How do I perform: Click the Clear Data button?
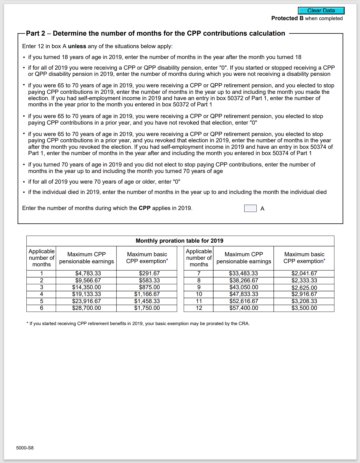coord(321,11)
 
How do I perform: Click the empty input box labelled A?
coord(250,208)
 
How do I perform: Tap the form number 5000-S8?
coord(25,448)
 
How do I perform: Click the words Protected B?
coord(287,18)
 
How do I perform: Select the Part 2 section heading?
coord(155,33)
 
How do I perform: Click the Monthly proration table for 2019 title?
coord(179,241)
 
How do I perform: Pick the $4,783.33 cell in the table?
coord(88,273)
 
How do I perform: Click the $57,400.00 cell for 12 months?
coord(244,308)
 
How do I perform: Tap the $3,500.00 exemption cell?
coord(304,308)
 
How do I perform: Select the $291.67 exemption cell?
coord(149,273)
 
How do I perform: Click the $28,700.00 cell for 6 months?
coord(86,308)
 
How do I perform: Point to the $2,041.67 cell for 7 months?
coord(304,273)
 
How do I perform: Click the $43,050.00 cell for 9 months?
coord(244,287)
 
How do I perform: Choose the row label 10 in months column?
coord(199,294)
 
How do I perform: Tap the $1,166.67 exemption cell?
coord(147,294)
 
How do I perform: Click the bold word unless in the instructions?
coord(77,46)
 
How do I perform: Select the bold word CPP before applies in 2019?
coord(145,208)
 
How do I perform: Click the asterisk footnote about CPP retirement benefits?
coord(138,323)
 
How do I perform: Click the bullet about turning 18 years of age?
coord(164,57)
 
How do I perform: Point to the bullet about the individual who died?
coord(177,192)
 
